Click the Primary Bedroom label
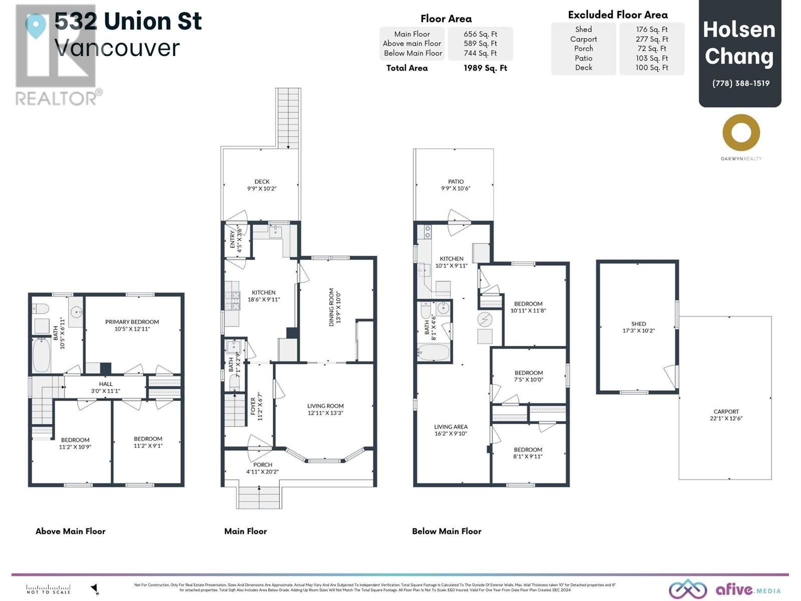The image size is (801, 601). pyautogui.click(x=132, y=322)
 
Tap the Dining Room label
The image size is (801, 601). pyautogui.click(x=331, y=307)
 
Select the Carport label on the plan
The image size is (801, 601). pyautogui.click(x=726, y=411)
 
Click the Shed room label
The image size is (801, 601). pyautogui.click(x=638, y=324)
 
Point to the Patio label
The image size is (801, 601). pyautogui.click(x=456, y=182)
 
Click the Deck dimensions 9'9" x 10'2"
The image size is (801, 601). pyautogui.click(x=262, y=189)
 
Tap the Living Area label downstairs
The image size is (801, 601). pyautogui.click(x=451, y=427)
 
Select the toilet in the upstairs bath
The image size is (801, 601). pyautogui.click(x=40, y=308)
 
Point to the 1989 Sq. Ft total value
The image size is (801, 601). pyautogui.click(x=485, y=68)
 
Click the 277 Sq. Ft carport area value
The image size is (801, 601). pyautogui.click(x=652, y=39)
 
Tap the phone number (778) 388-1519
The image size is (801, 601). pyautogui.click(x=740, y=83)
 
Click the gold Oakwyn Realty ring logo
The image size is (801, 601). pyautogui.click(x=741, y=133)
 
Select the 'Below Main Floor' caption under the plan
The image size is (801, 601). pyautogui.click(x=447, y=531)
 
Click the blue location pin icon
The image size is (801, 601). pyautogui.click(x=36, y=25)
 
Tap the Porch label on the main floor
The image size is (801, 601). pyautogui.click(x=263, y=465)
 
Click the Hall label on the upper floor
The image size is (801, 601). pyautogui.click(x=106, y=384)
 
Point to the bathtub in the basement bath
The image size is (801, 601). pyautogui.click(x=434, y=352)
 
